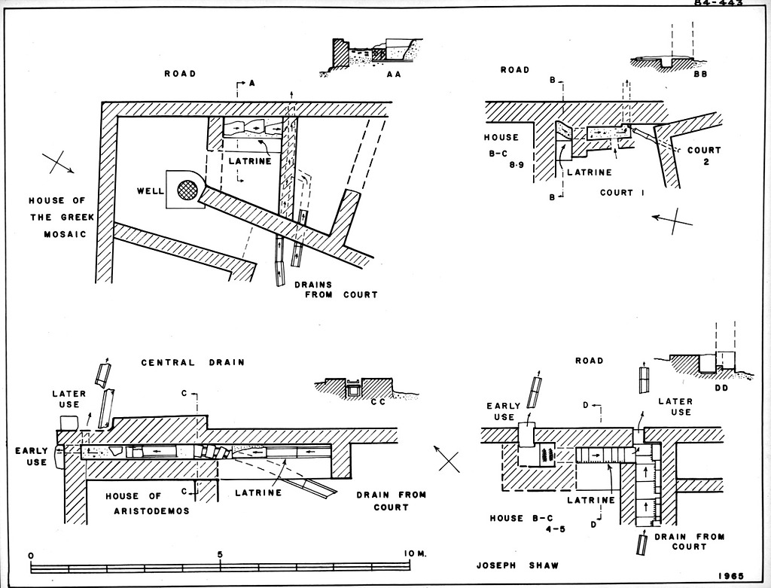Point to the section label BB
pyautogui.click(x=699, y=77)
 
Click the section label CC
pyautogui.click(x=378, y=403)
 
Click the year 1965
pyautogui.click(x=733, y=575)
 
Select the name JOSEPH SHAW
pyautogui.click(x=507, y=562)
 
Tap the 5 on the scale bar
pyautogui.click(x=220, y=554)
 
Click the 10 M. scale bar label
pyautogui.click(x=415, y=554)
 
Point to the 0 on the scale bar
pyautogui.click(x=31, y=555)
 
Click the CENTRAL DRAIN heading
pyautogui.click(x=193, y=362)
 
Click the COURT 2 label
pyautogui.click(x=704, y=157)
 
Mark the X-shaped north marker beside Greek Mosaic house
pyautogui.click(x=57, y=163)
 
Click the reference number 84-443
pyautogui.click(x=718, y=3)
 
